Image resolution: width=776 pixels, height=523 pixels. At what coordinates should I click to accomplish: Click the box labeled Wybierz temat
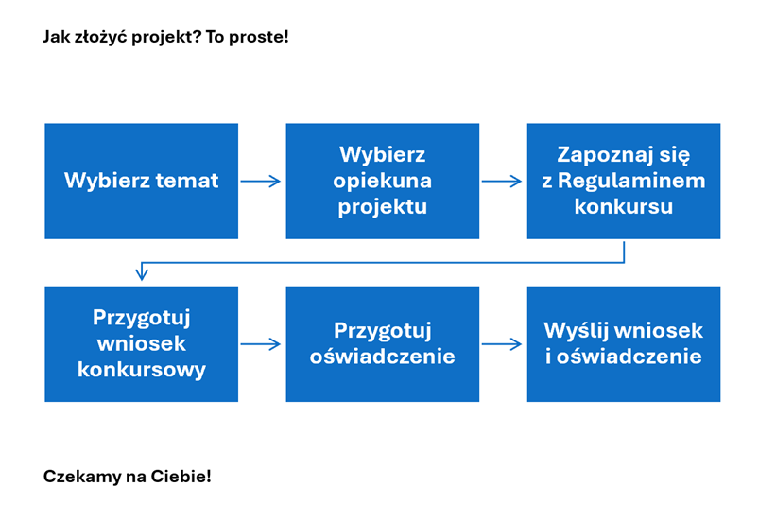(141, 181)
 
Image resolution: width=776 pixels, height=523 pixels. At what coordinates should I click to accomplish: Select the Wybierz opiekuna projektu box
(382, 181)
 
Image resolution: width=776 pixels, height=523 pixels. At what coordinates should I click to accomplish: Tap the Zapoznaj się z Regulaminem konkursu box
(623, 181)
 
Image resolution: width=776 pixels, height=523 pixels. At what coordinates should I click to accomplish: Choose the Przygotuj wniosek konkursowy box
(141, 343)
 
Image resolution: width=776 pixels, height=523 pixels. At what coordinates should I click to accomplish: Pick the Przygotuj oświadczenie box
(382, 343)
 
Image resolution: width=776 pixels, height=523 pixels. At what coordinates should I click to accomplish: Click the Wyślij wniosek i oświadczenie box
(623, 343)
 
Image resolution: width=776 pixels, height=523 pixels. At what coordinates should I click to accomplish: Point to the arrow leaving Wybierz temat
(261, 181)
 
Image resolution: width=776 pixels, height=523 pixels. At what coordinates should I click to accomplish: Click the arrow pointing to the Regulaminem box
(502, 181)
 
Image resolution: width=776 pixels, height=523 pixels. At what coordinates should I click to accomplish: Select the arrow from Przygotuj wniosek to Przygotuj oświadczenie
(261, 344)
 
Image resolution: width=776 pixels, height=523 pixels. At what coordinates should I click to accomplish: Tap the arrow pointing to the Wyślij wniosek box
(502, 344)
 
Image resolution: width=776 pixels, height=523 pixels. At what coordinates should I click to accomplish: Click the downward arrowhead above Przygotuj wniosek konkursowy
(142, 274)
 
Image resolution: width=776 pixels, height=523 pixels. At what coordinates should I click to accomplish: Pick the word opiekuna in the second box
(382, 181)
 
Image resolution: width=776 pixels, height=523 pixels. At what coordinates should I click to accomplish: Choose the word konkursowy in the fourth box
(141, 370)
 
